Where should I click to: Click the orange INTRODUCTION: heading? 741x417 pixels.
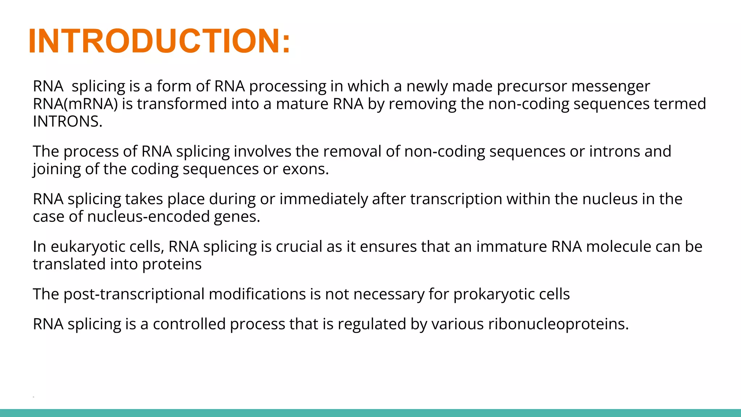[x=159, y=41]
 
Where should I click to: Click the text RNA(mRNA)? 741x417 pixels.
[x=75, y=104]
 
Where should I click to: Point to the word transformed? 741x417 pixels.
[x=182, y=104]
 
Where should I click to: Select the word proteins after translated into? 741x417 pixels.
[x=172, y=265]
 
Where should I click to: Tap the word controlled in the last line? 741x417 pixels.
[x=189, y=324]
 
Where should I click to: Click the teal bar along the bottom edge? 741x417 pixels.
[x=370, y=413]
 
